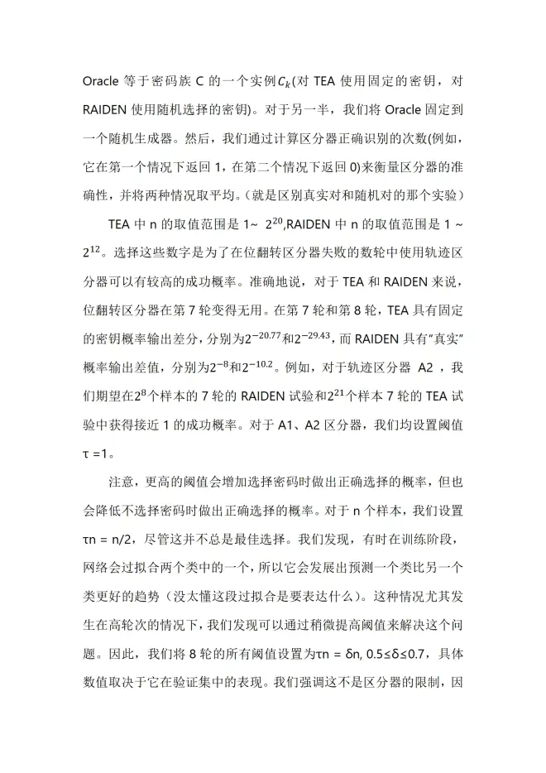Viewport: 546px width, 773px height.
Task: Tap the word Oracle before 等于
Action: (x=103, y=82)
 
